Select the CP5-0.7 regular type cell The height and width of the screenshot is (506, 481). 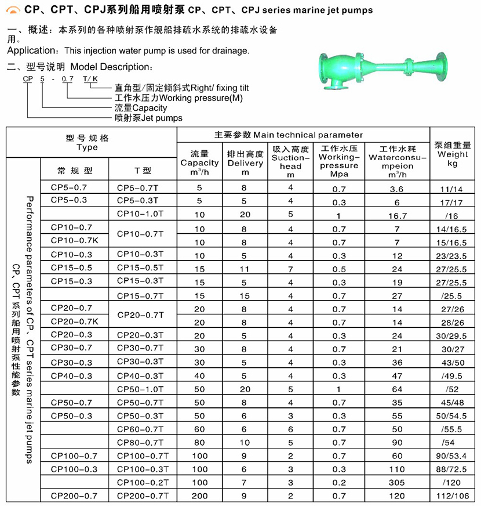tap(68, 187)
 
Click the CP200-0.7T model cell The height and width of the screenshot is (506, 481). tap(142, 496)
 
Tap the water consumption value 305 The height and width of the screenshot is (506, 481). tap(396, 483)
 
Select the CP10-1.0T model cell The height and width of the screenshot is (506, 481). tap(142, 214)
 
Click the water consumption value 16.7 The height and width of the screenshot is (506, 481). tap(396, 215)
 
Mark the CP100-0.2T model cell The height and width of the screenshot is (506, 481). tap(142, 482)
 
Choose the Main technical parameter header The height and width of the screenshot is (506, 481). tap(288, 135)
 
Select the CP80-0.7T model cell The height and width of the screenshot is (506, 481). tap(142, 443)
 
